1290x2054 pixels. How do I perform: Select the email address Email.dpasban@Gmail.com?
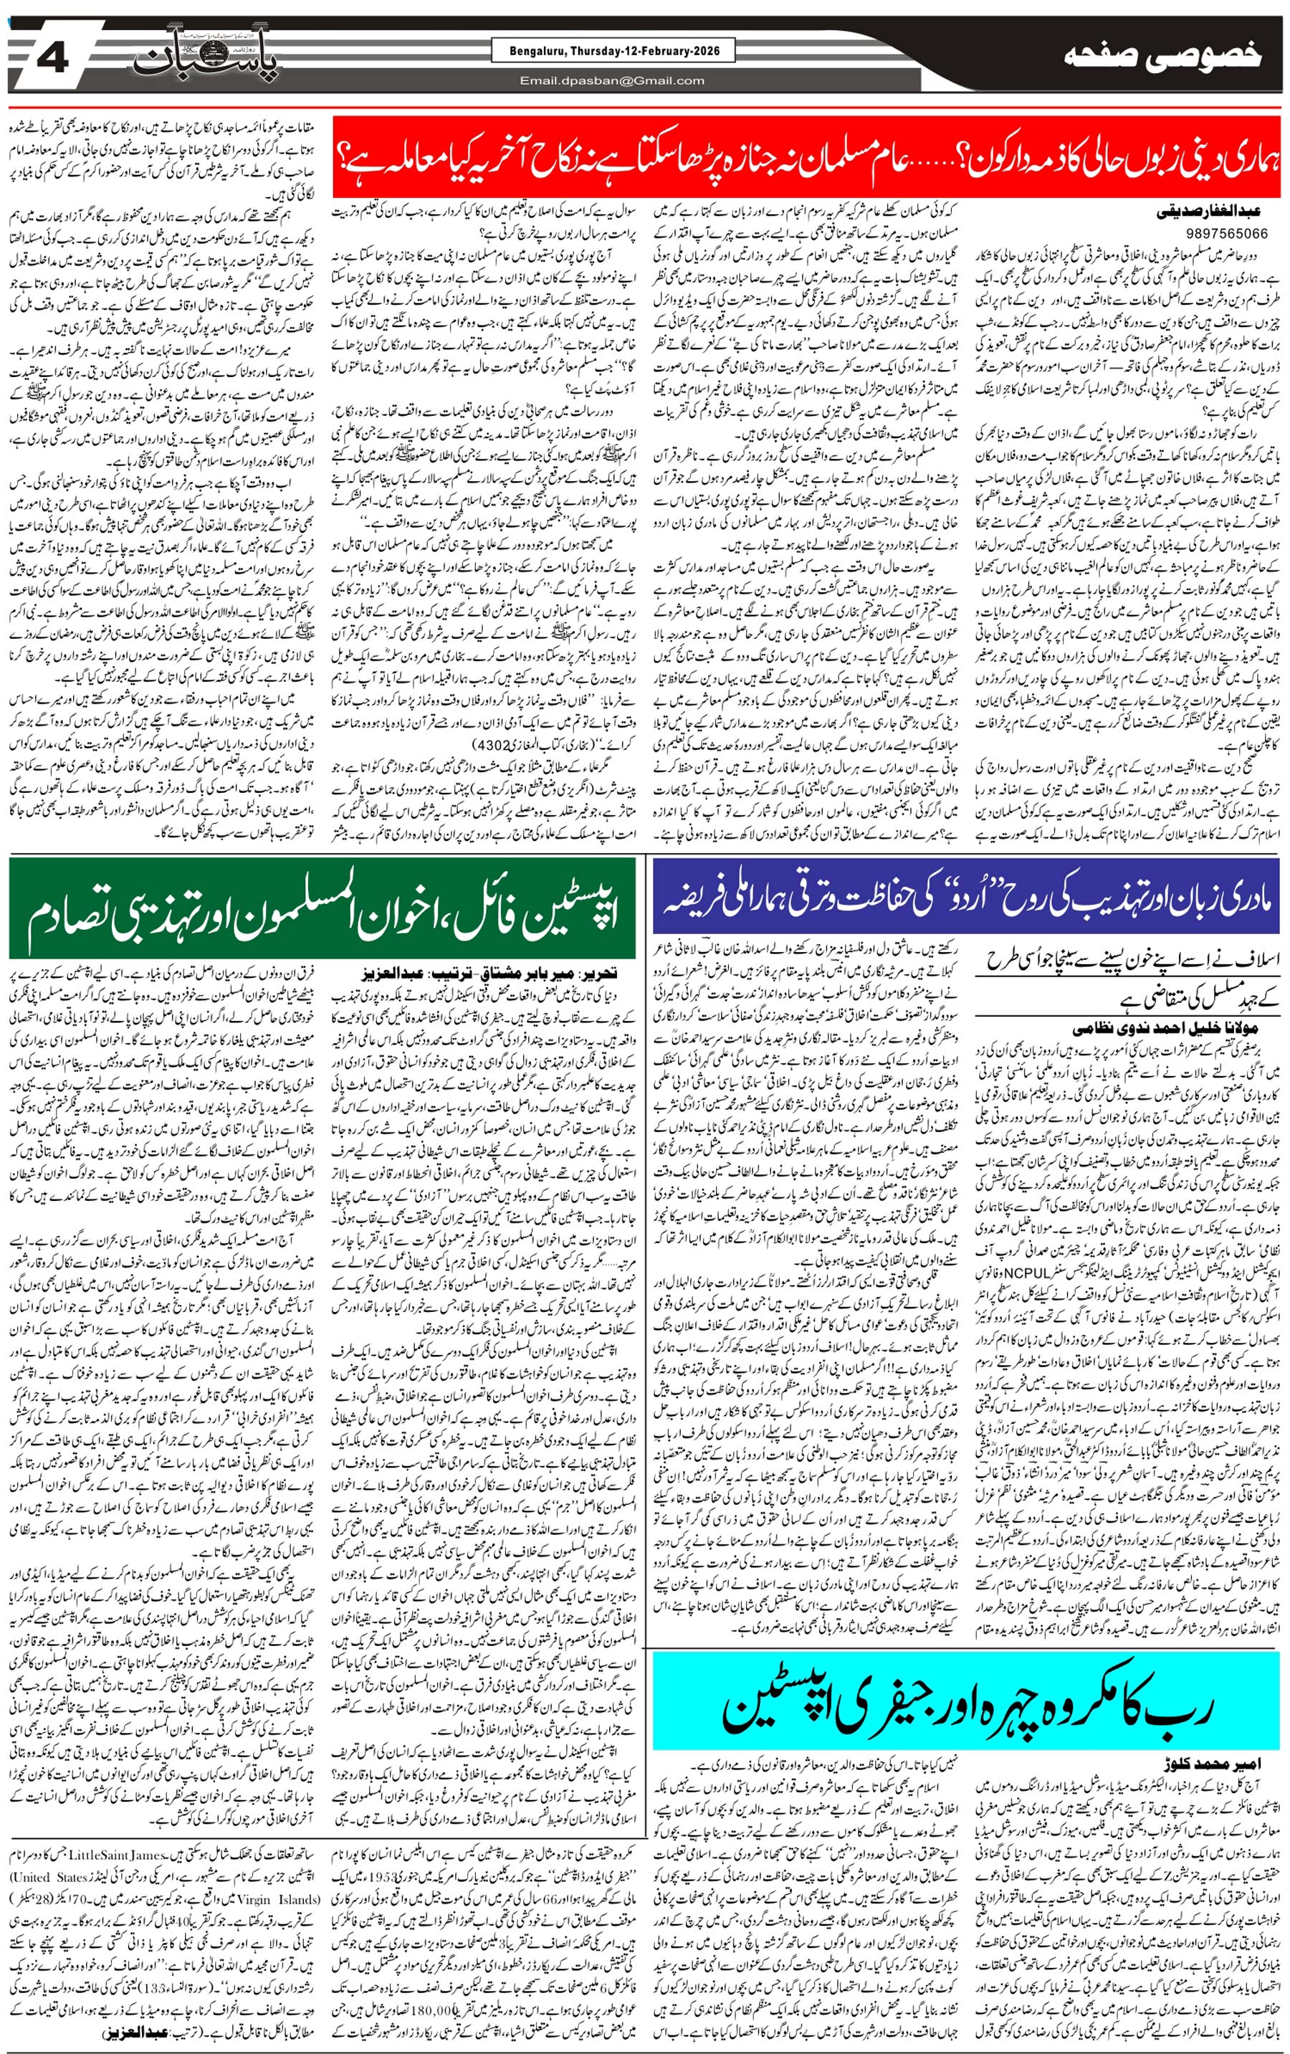[611, 81]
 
